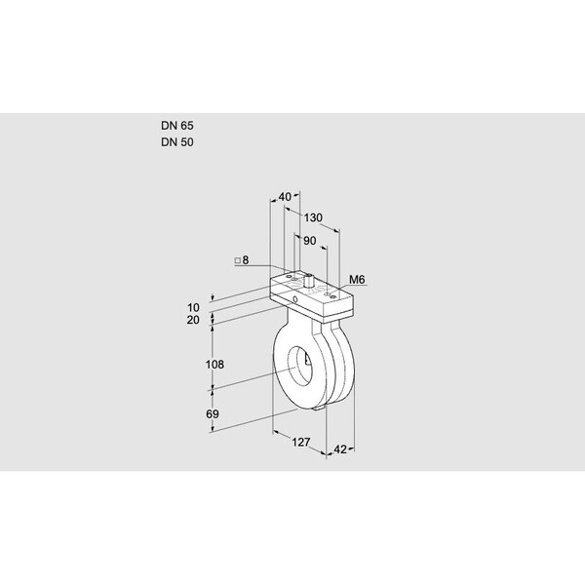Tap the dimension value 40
[285, 197]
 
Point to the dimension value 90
[310, 240]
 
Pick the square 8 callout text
[242, 260]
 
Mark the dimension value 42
[340, 449]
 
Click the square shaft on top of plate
[308, 283]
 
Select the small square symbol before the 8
[236, 260]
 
